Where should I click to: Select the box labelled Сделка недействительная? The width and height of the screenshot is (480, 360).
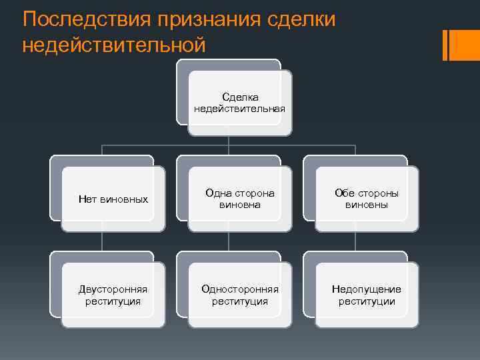coord(239,103)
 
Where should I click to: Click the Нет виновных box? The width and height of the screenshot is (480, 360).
coord(113,199)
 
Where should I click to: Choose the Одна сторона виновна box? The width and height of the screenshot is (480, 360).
coord(239,199)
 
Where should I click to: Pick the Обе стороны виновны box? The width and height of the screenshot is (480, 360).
coord(366,199)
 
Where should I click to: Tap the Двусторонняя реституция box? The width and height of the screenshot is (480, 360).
coord(113,295)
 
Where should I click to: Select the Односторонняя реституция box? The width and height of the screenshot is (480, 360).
coord(239,295)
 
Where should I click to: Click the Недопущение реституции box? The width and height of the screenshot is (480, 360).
coord(366,295)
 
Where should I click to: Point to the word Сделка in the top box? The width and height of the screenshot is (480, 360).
coord(240,97)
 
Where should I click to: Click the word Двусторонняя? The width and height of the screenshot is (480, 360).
coord(113,289)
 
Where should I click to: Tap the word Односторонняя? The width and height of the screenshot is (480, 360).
coord(240,289)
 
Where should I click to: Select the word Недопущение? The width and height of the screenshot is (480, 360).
coord(367,289)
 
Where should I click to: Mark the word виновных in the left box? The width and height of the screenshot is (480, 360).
coord(124,199)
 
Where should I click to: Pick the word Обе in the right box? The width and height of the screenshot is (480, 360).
coord(344,193)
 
